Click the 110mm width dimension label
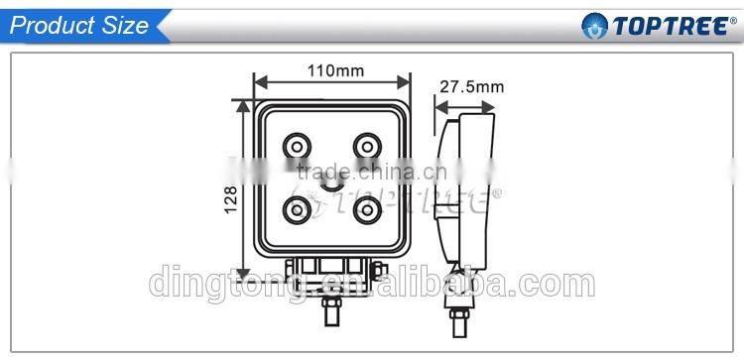(x=335, y=71)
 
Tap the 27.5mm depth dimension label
(x=471, y=87)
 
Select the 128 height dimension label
(x=230, y=199)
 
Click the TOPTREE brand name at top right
(x=670, y=26)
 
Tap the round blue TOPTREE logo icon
(x=594, y=26)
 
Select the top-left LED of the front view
(x=297, y=146)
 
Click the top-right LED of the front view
(x=367, y=146)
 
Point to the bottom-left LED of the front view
(x=297, y=210)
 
